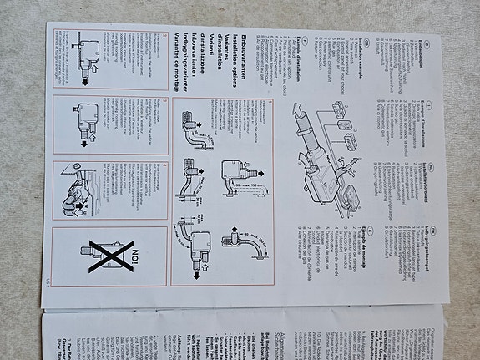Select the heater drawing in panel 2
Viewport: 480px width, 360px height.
(x=84, y=117)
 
